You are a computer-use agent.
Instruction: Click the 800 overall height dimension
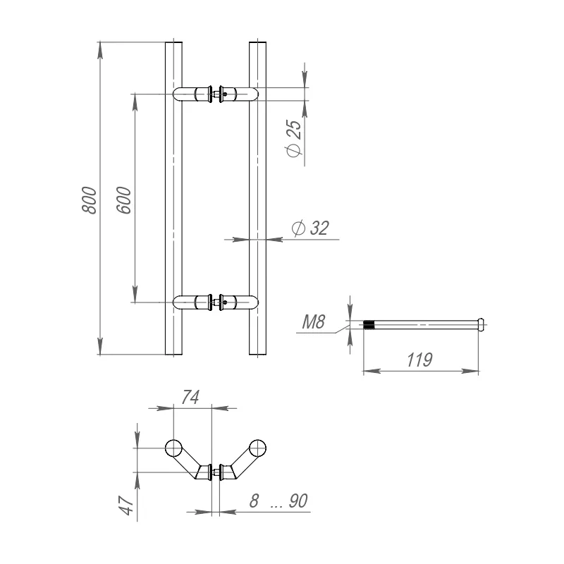[x=90, y=200]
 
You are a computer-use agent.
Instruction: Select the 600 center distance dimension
[x=124, y=200]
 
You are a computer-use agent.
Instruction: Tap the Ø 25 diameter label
[x=294, y=138]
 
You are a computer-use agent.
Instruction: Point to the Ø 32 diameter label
[x=310, y=228]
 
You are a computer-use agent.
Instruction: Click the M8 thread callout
[x=314, y=322]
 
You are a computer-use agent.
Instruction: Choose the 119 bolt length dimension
[x=419, y=360]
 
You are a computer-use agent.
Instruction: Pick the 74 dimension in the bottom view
[x=190, y=397]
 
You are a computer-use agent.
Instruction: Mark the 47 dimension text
[x=126, y=505]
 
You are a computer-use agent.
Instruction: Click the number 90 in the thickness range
[x=298, y=501]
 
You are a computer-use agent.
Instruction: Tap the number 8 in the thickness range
[x=254, y=501]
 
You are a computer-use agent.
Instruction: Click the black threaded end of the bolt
[x=369, y=325]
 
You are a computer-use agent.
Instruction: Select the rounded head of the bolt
[x=481, y=324]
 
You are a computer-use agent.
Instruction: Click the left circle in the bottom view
[x=173, y=448]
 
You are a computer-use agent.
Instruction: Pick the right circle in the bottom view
[x=257, y=448]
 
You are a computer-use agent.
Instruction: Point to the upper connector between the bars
[x=216, y=94]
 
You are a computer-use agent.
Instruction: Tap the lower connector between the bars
[x=216, y=302]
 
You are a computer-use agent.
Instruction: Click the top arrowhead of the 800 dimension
[x=100, y=51]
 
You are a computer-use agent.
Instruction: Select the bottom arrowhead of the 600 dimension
[x=135, y=294]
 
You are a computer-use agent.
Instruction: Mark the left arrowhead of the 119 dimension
[x=372, y=371]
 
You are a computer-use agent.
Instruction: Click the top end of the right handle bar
[x=257, y=42]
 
